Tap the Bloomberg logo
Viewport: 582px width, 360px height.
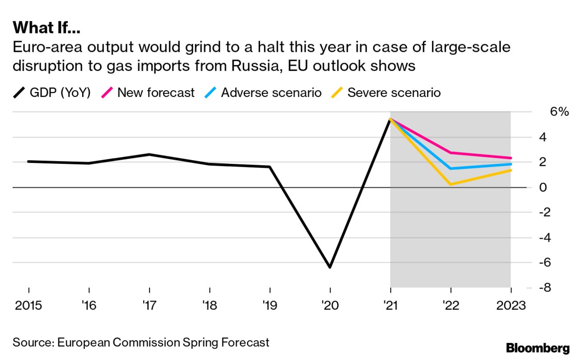(538, 348)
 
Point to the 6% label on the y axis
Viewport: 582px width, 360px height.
(559, 112)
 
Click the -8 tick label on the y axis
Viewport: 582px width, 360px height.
(546, 288)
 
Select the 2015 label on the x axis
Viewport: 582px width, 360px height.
(29, 305)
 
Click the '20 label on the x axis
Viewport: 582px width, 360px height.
(330, 305)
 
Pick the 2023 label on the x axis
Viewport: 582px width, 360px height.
(510, 305)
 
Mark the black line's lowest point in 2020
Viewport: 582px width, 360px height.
(330, 267)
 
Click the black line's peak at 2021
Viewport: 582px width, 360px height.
(390, 119)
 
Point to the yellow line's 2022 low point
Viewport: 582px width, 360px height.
(451, 184)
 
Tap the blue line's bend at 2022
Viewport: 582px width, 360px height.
(451, 169)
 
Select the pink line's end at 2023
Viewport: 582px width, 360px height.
(511, 158)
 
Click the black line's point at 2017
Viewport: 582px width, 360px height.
(149, 154)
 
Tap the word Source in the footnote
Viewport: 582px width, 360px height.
(33, 342)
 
